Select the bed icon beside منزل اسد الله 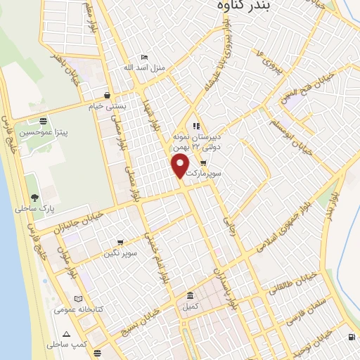144,57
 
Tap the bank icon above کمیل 190,295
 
